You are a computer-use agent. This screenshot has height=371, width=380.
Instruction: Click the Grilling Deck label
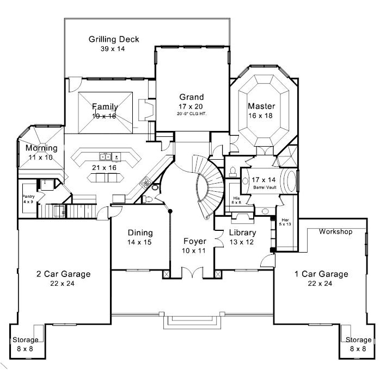point(114,39)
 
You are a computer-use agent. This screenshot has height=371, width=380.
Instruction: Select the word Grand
point(191,98)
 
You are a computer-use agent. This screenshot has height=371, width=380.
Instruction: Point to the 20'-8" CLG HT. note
point(192,114)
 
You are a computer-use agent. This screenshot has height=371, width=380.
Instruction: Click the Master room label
point(261,106)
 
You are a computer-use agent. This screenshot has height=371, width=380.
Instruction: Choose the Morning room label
point(41,148)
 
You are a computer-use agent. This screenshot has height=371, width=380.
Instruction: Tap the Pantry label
point(28,196)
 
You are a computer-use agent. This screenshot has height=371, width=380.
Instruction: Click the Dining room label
point(140,232)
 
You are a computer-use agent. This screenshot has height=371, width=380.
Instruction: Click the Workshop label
point(335,231)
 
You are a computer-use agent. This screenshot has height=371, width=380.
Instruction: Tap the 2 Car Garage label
point(63,274)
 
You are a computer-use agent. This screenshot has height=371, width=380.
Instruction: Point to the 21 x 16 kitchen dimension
point(105,167)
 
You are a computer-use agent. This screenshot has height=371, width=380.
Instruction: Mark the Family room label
point(105,106)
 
